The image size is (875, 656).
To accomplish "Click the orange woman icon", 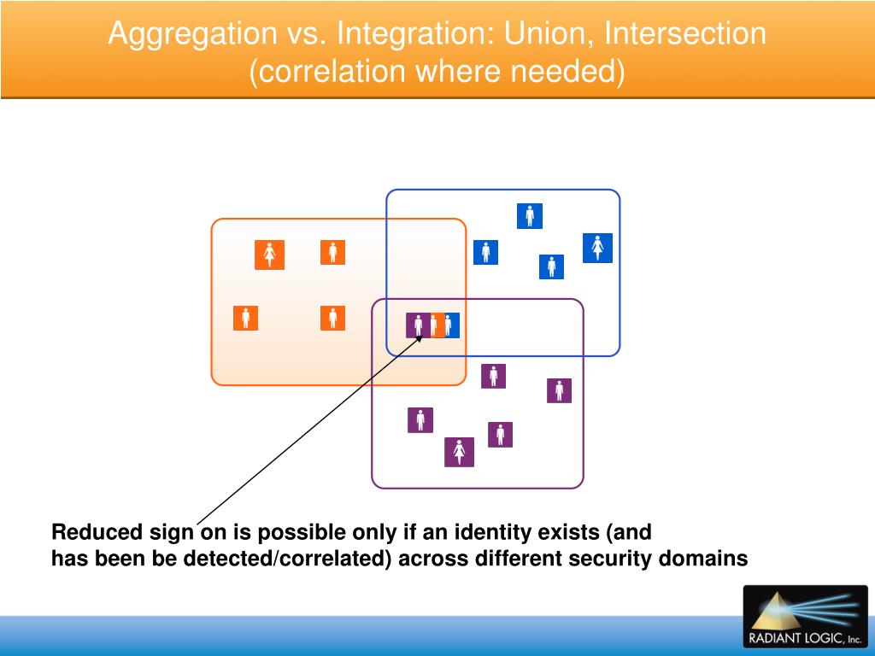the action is pos(269,255).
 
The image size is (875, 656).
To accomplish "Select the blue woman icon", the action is pos(597,248).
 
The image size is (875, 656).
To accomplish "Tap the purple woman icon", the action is pos(459,452).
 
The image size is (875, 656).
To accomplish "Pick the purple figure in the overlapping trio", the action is pos(417,325).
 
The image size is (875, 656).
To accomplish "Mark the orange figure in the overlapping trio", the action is pos(435,325).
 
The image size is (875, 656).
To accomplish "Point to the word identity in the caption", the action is pos(489,532).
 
